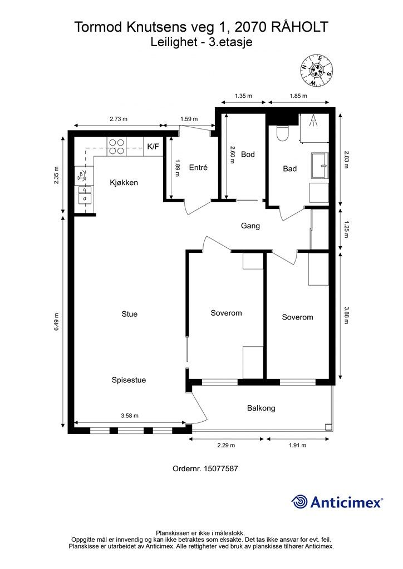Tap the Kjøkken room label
tap(124, 182)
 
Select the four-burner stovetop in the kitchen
tap(116, 147)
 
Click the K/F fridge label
tap(153, 147)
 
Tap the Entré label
tap(198, 168)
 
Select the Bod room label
tap(248, 154)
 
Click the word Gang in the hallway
tap(250, 226)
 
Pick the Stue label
tap(129, 314)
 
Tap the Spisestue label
tap(129, 380)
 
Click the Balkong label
tap(261, 408)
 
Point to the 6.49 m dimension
tap(56, 322)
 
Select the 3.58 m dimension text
tap(130, 416)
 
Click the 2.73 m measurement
tap(119, 119)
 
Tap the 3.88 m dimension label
tap(346, 316)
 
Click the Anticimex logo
tap(337, 502)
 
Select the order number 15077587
tap(221, 468)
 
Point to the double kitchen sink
tap(84, 194)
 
